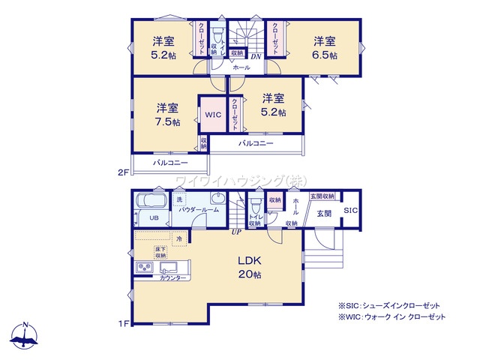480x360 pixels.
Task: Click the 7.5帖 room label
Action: click(167, 114)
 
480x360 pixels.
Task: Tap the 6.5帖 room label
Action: click(324, 47)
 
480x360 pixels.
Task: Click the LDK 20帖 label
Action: click(250, 267)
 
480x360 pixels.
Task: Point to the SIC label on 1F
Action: click(351, 211)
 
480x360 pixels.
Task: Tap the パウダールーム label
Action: click(199, 210)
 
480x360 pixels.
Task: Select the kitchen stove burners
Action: click(144, 268)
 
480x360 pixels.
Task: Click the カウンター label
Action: click(173, 278)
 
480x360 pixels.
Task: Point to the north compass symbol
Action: click(25, 335)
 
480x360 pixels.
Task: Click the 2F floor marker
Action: click(124, 172)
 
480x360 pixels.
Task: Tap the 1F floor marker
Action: click(124, 323)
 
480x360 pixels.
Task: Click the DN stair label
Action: click(255, 57)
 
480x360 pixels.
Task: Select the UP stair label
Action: click(236, 231)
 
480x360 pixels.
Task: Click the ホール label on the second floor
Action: click(241, 67)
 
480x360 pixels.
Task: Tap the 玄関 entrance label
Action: click(323, 214)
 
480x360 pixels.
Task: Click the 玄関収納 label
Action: click(322, 196)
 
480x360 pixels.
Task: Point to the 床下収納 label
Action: click(160, 252)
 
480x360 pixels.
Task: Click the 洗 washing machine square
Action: click(179, 200)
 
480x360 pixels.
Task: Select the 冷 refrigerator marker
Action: click(179, 238)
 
